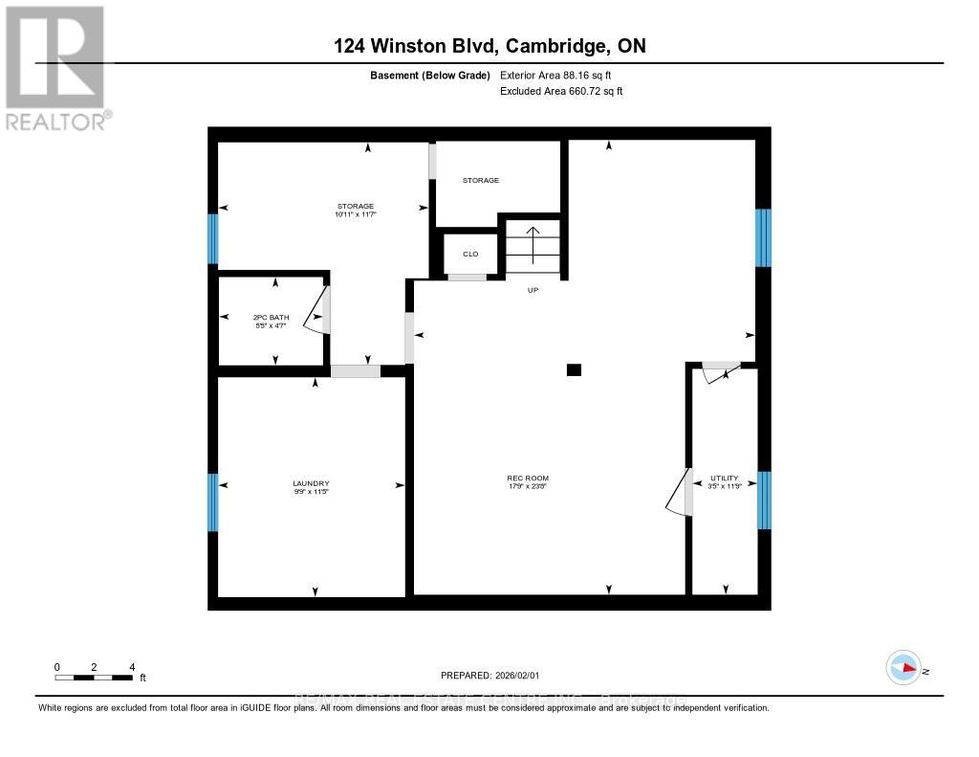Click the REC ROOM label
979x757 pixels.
528,478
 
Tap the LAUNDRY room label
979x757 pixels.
312,482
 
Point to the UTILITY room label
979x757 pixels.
724,478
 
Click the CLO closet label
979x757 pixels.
470,254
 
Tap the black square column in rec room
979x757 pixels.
574,369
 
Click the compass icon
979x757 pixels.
903,669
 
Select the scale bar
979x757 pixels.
94,678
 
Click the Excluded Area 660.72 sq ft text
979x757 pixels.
561,92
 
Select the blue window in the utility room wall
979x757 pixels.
763,500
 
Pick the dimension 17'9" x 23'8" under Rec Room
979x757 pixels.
528,486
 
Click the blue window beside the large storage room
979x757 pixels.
213,238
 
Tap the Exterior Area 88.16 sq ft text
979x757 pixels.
561,76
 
